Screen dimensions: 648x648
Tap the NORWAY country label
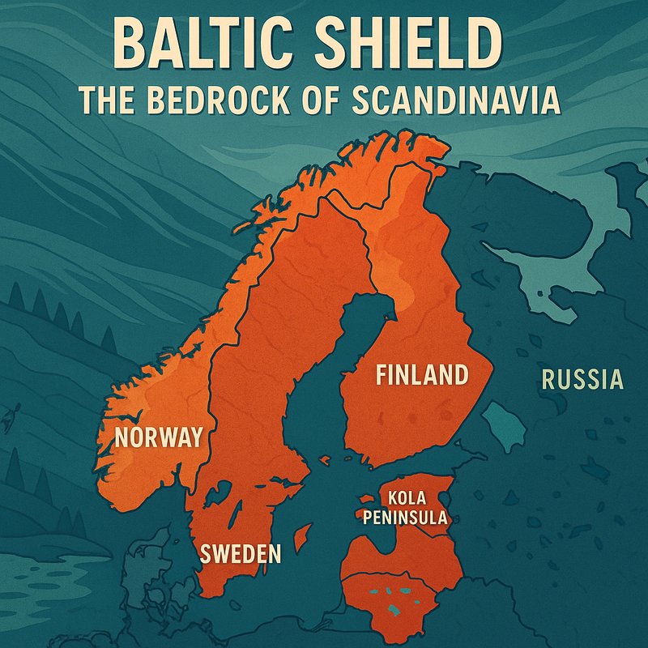click(158, 437)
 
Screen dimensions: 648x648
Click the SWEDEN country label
click(241, 554)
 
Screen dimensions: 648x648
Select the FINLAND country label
click(421, 375)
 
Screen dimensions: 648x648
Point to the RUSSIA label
click(582, 379)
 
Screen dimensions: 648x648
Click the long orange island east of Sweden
click(301, 536)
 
